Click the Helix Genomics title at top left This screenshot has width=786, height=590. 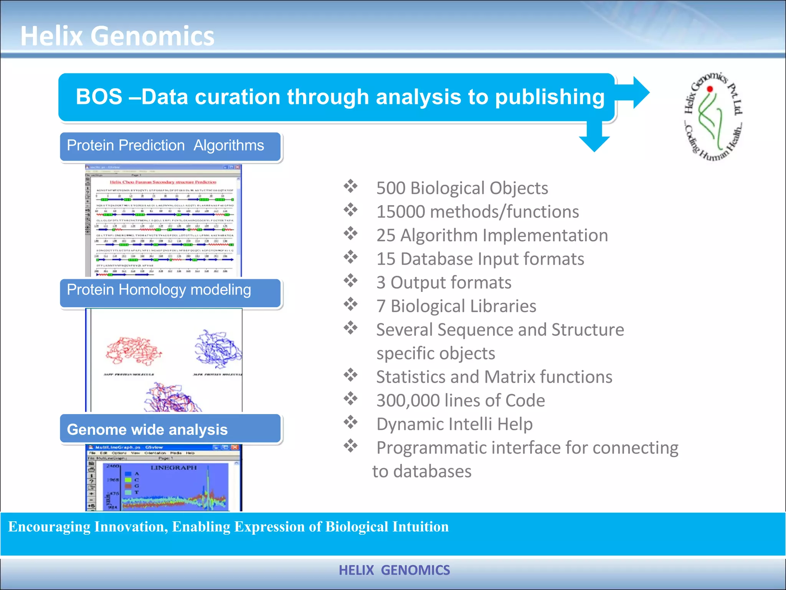[117, 36]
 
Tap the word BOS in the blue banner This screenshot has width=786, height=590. [99, 97]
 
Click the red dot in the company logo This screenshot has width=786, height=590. [710, 89]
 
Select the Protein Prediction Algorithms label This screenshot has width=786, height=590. [165, 146]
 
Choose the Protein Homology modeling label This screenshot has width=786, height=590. [159, 290]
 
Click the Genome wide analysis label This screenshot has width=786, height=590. [147, 429]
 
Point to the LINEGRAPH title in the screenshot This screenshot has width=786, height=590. [173, 467]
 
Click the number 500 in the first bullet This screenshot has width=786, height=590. [391, 188]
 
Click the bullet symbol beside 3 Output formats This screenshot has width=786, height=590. [350, 281]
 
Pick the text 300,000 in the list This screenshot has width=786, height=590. [408, 400]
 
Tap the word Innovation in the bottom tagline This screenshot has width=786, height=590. [131, 527]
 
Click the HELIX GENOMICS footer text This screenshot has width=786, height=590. [394, 570]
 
